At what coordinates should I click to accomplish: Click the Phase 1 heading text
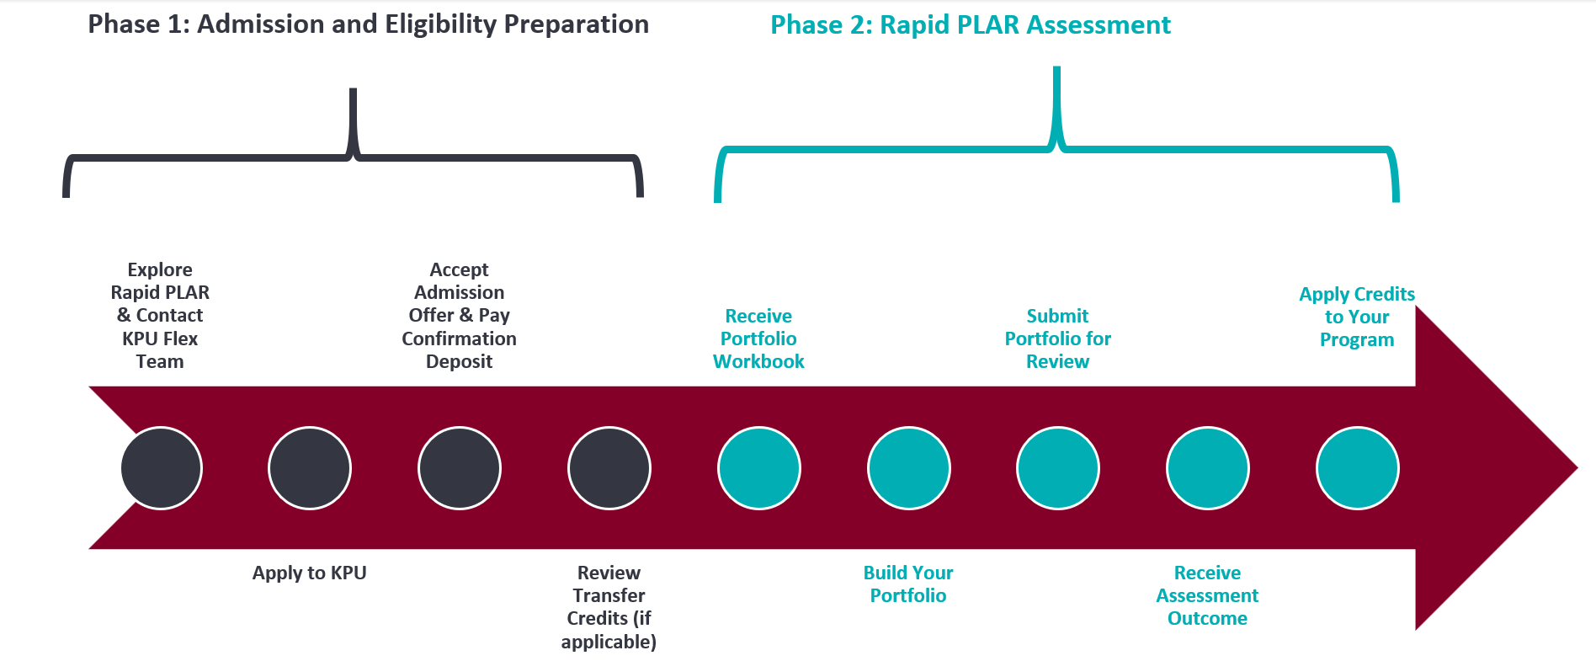click(x=368, y=24)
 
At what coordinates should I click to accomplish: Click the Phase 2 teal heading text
click(x=970, y=25)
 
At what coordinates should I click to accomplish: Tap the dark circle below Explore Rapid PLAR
click(x=161, y=468)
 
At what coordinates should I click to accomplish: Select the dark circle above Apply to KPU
click(x=310, y=468)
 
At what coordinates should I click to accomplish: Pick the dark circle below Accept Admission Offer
click(x=460, y=468)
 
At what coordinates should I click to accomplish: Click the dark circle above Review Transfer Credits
click(x=609, y=468)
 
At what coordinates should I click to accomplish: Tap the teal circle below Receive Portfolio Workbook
click(x=758, y=468)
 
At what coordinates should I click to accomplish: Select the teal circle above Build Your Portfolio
click(x=908, y=468)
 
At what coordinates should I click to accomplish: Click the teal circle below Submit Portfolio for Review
click(x=1058, y=468)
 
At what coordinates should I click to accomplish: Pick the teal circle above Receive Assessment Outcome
click(x=1207, y=468)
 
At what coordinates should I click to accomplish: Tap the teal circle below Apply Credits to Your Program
click(x=1357, y=468)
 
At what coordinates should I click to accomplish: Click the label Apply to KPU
click(x=309, y=573)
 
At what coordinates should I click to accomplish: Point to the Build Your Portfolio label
click(x=908, y=584)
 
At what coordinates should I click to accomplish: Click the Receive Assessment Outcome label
click(x=1207, y=595)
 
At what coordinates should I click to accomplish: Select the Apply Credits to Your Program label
click(x=1356, y=317)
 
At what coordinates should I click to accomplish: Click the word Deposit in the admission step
click(x=459, y=361)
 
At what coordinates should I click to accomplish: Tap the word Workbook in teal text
click(x=758, y=361)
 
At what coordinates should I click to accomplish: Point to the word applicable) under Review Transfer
click(x=609, y=642)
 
